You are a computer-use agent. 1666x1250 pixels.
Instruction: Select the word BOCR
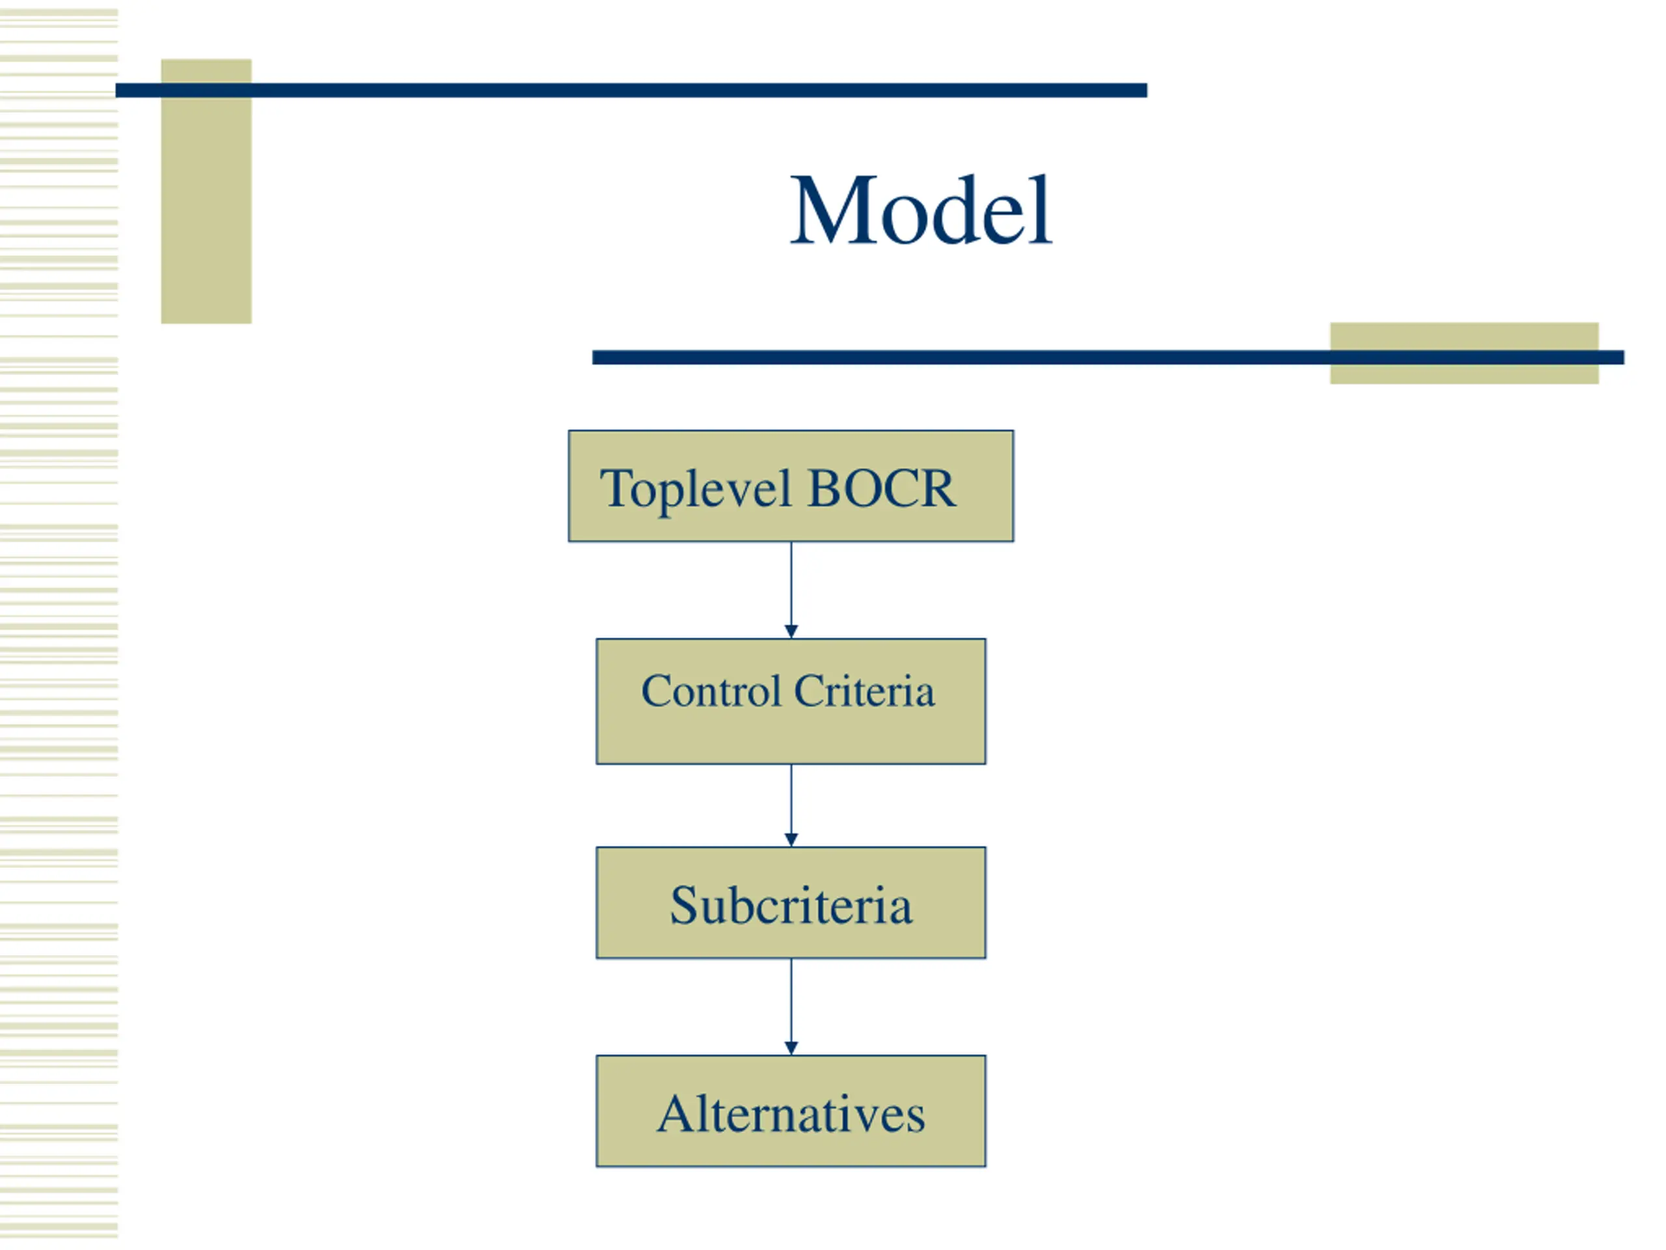coord(881,488)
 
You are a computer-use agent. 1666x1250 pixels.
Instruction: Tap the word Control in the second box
coord(711,691)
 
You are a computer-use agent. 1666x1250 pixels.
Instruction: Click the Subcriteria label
coord(791,905)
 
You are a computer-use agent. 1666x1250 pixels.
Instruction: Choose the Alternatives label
coord(791,1114)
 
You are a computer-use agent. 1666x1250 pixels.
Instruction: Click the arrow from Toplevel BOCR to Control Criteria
coord(791,590)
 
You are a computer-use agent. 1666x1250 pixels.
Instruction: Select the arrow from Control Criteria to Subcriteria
coord(791,805)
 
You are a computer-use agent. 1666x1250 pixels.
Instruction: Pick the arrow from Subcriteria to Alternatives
coord(791,1007)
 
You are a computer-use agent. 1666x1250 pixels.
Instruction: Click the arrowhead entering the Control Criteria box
coord(791,632)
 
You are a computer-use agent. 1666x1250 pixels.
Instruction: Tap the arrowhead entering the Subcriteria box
coord(791,840)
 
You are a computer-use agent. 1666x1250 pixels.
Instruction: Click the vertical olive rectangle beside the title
coord(206,191)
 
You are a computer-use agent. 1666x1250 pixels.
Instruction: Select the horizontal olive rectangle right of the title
coord(1464,354)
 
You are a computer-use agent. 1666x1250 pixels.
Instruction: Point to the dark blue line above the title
coord(631,90)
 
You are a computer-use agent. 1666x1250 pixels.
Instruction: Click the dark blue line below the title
coord(1108,357)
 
